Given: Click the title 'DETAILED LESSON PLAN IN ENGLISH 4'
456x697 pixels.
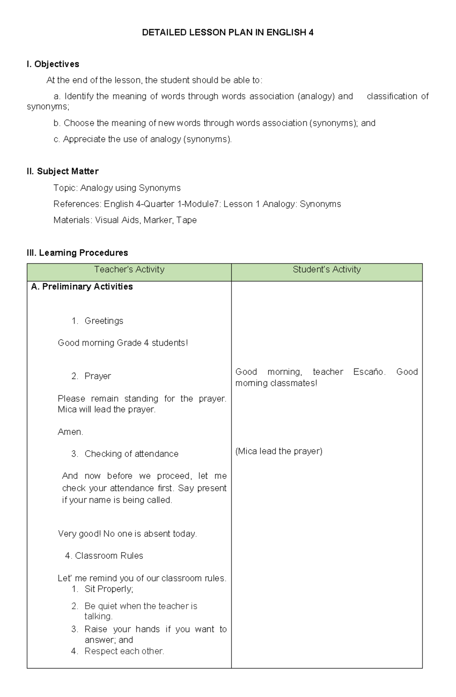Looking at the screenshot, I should point(228,33).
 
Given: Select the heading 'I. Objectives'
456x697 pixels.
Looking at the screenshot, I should point(53,64).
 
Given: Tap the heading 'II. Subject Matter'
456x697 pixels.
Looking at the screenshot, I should point(63,171).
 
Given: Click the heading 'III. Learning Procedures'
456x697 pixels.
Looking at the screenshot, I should point(77,253).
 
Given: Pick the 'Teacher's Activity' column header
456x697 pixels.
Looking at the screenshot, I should point(129,270).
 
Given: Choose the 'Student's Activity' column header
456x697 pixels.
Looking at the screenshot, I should point(326,270).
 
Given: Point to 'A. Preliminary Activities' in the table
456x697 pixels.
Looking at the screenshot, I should point(82,287).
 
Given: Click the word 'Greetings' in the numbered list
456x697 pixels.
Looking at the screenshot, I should point(104,321).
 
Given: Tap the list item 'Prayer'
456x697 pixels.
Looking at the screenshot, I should point(98,376).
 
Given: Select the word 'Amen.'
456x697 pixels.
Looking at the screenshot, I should point(70,432).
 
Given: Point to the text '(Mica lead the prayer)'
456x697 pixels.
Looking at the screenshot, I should point(279,451).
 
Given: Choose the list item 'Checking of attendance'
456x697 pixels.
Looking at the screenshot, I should point(131,454).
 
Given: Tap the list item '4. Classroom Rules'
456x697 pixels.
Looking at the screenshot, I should point(104,556).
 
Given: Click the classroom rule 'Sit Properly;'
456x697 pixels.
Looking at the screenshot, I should point(109,589).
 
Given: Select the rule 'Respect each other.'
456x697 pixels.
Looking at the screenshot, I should point(124,651).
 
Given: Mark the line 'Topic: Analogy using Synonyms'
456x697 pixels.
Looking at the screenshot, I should point(117,188).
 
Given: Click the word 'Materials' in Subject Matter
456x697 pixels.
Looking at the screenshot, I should point(72,220).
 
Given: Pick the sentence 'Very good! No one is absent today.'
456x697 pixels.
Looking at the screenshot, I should point(127,534).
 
